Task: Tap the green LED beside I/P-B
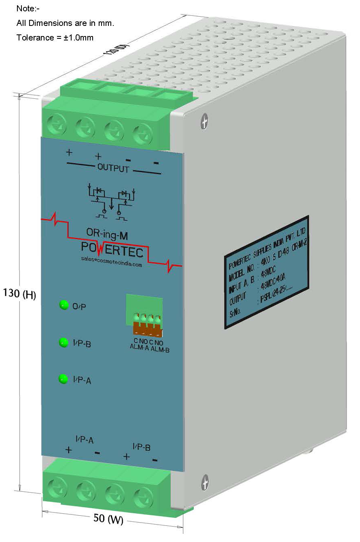pyautogui.click(x=64, y=342)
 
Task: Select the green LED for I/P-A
pyautogui.click(x=64, y=379)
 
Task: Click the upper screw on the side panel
pyautogui.click(x=205, y=121)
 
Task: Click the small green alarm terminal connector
pyautogui.click(x=144, y=316)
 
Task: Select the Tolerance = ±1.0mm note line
pyautogui.click(x=55, y=38)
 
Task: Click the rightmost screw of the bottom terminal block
pyautogui.click(x=142, y=494)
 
